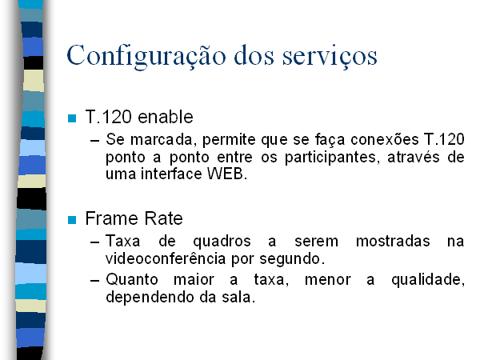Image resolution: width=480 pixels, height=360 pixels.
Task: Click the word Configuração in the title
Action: (146, 57)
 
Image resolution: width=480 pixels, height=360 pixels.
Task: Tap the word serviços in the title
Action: (330, 57)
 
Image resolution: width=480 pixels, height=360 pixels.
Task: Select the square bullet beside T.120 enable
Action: (72, 118)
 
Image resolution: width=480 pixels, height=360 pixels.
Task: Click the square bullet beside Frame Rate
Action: (72, 220)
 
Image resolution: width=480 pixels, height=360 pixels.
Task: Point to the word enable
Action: (166, 117)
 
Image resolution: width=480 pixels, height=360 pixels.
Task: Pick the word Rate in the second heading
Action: (163, 218)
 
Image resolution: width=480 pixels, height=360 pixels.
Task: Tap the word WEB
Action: (227, 174)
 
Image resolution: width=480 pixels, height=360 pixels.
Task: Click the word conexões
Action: (385, 139)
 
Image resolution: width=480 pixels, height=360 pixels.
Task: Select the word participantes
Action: (333, 158)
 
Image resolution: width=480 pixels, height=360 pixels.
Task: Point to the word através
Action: (414, 157)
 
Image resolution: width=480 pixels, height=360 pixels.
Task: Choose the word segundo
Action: (292, 259)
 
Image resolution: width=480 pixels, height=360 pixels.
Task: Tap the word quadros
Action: (222, 242)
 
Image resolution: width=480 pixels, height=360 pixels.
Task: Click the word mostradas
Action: (393, 241)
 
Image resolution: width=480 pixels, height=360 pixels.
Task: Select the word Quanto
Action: (132, 279)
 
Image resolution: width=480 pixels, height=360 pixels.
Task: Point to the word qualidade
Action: (428, 280)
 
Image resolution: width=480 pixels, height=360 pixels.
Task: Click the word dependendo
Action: (150, 298)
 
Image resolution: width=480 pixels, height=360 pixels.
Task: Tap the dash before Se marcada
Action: (95, 141)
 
